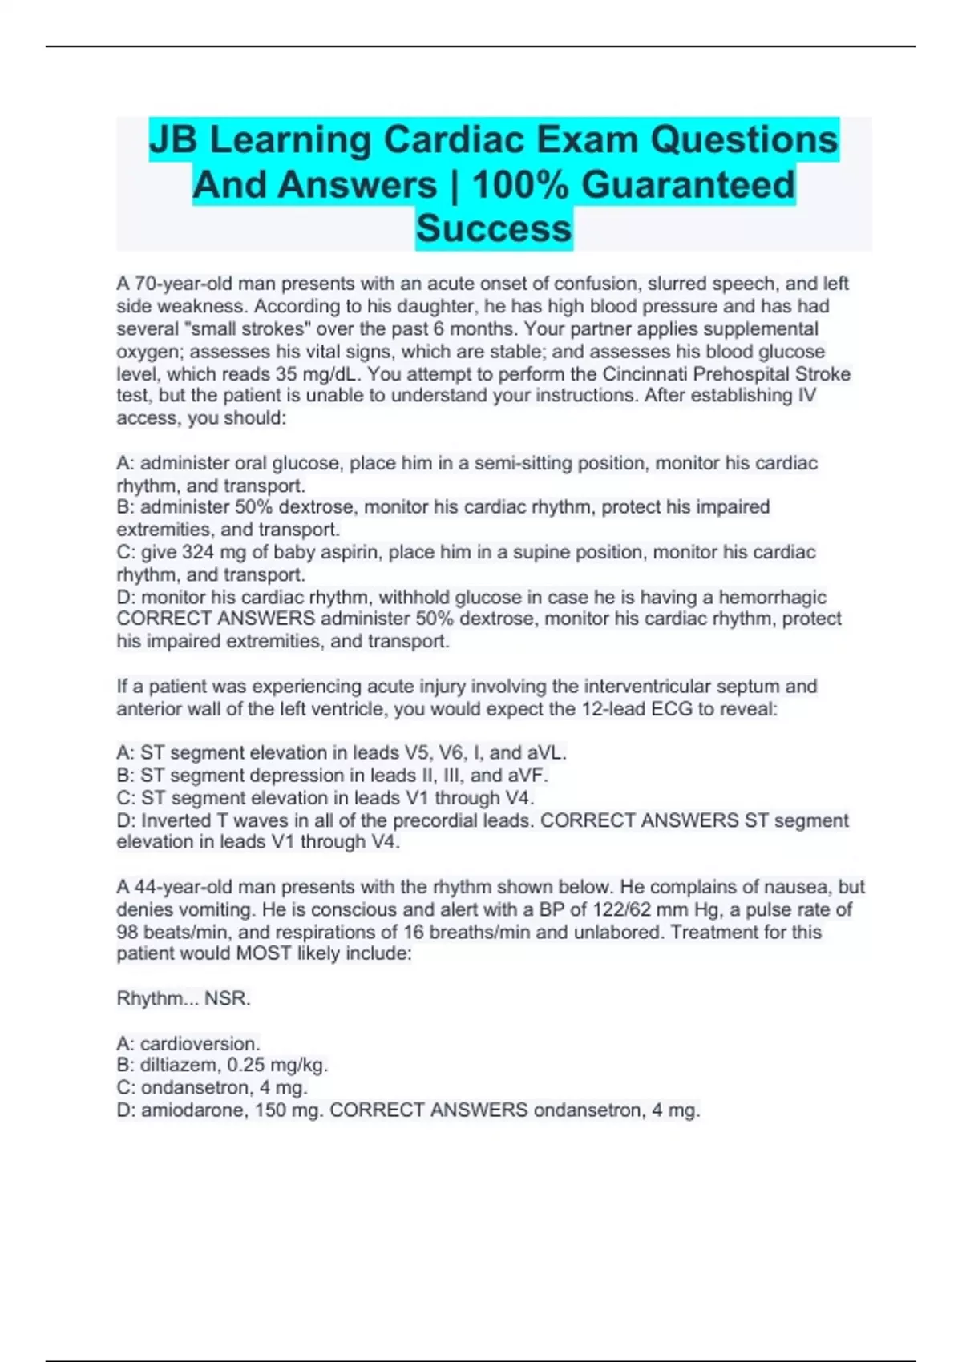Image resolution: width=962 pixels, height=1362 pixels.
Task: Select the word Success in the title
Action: tap(494, 228)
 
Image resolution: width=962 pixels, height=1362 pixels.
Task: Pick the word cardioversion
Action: tap(200, 1044)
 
